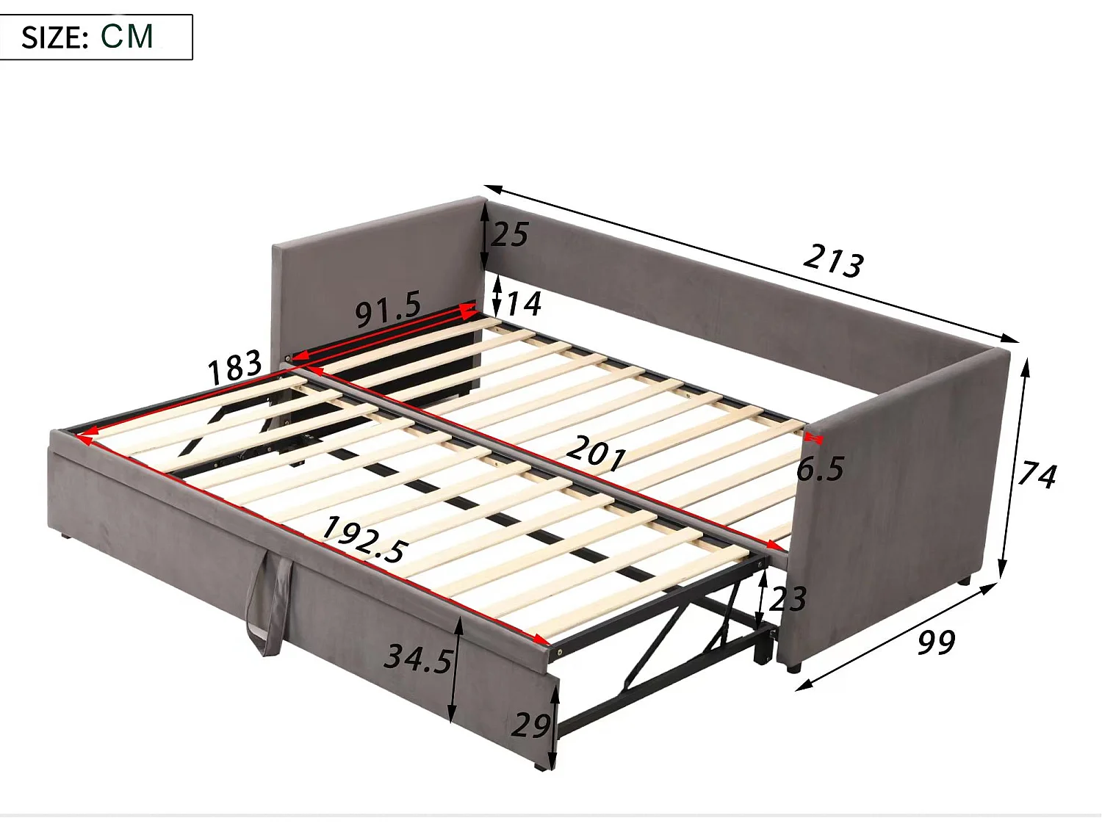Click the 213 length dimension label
pos(833,260)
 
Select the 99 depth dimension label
pos(936,642)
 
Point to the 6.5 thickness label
pos(820,469)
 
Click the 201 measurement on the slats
pos(596,452)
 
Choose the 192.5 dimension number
pos(364,539)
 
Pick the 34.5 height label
pos(418,658)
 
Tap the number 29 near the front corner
pos(530,725)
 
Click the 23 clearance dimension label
pos(788,599)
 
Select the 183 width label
pos(234,366)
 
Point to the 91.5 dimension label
pos(389,308)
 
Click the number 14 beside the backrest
pos(524,303)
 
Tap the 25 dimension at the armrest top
pos(510,235)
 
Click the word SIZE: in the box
pos(55,37)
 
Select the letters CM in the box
pos(127,36)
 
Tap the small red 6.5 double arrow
pos(813,438)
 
